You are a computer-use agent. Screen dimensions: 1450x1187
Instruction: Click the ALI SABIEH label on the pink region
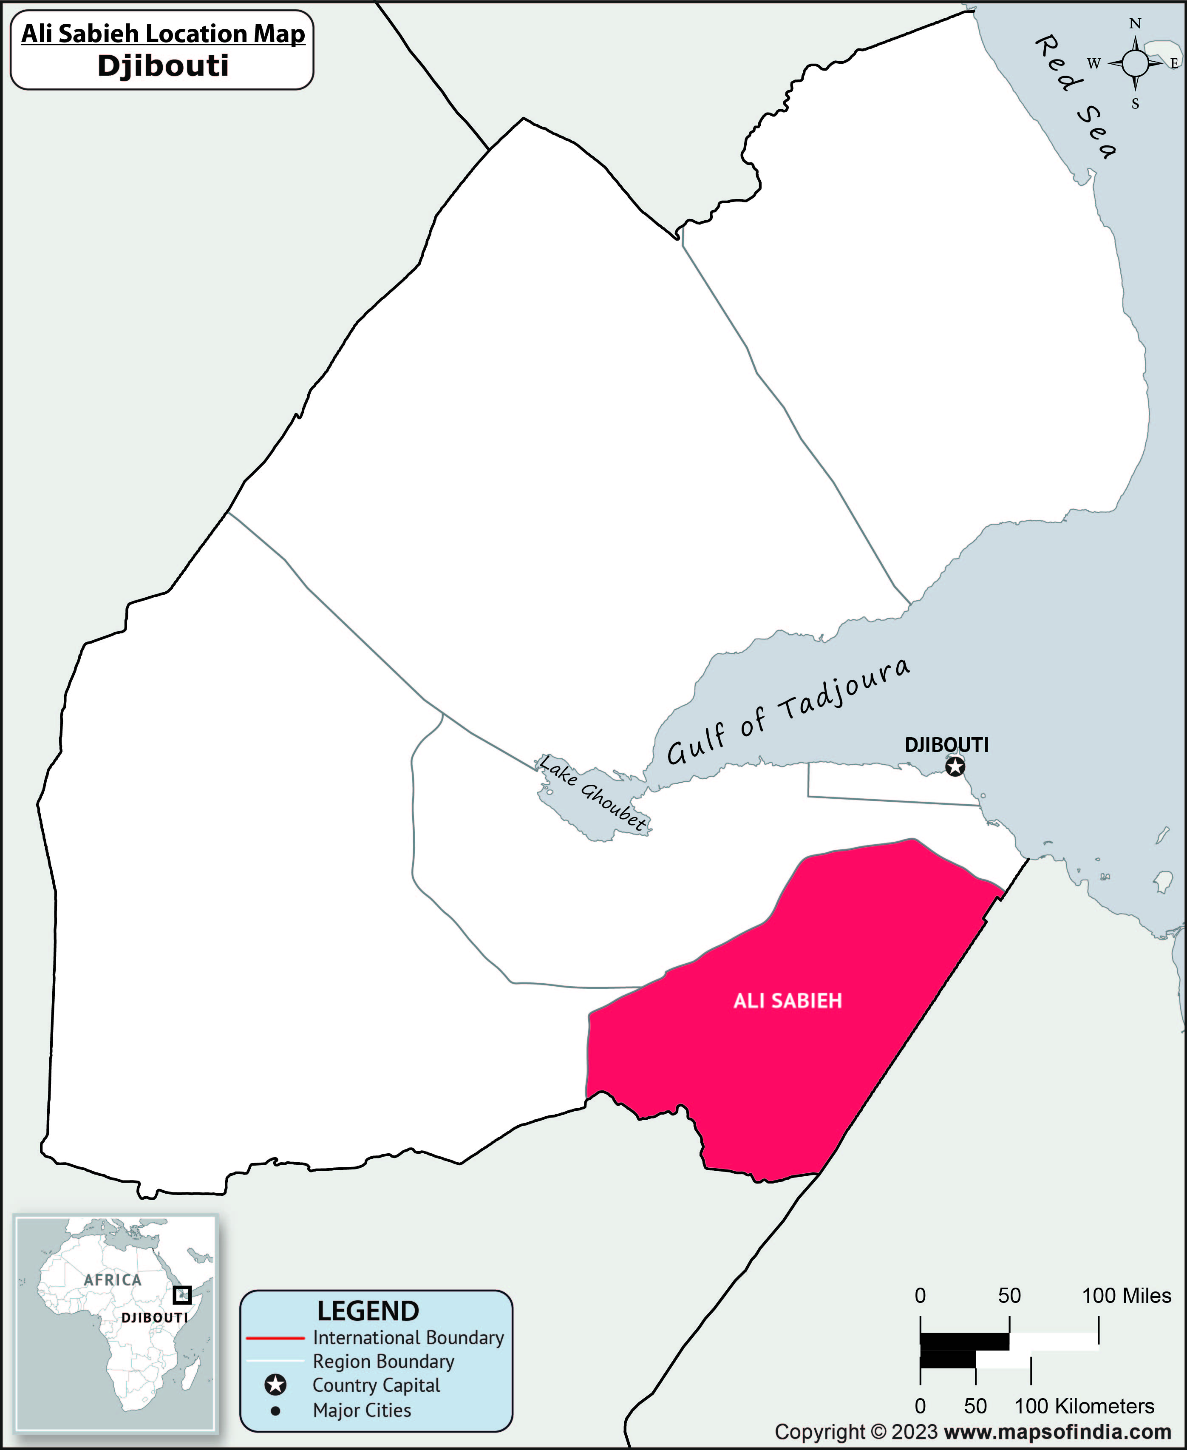787,1002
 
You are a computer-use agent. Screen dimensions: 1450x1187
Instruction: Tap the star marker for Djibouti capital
955,767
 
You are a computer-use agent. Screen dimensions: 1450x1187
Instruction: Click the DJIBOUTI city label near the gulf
946,745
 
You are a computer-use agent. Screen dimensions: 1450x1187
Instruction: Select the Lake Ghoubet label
593,793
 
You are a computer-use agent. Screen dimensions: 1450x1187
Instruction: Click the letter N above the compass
1135,24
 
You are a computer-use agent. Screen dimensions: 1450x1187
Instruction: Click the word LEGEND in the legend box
368,1311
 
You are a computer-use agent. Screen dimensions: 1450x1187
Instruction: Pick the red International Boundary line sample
275,1338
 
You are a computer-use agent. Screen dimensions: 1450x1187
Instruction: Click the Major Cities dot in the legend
275,1410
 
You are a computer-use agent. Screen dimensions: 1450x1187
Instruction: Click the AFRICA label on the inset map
113,1280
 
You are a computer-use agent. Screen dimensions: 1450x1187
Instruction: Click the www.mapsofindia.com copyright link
1057,1432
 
